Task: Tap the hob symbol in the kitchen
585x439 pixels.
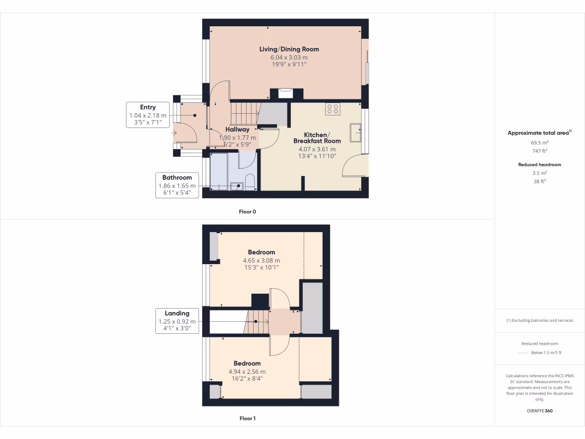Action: coord(332,109)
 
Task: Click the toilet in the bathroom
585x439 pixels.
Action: coord(249,182)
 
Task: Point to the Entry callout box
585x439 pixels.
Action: coord(148,115)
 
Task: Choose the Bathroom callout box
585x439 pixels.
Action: coord(177,185)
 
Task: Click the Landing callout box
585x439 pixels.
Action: coord(177,321)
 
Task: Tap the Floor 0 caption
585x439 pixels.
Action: coord(247,211)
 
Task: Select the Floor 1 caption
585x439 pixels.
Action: coord(247,418)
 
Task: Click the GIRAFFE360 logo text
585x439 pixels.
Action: coord(540,411)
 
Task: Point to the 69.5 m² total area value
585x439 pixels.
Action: coord(540,143)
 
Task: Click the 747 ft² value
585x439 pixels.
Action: coord(540,151)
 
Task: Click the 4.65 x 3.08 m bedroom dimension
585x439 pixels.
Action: coord(261,260)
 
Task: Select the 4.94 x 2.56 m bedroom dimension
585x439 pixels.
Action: coord(247,372)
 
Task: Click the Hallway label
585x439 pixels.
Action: coord(237,130)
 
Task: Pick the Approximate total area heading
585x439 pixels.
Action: coord(540,133)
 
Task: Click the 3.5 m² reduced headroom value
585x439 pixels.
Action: coord(540,173)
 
